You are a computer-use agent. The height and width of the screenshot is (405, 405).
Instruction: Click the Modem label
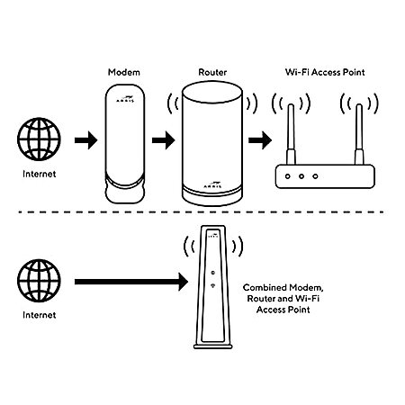[124, 72]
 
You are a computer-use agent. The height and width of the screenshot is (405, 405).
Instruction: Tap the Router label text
[212, 72]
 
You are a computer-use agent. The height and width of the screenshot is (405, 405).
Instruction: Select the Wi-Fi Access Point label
[325, 72]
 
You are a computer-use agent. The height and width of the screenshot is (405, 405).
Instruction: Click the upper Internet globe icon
[39, 139]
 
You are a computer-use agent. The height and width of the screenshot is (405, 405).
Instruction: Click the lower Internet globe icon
[39, 281]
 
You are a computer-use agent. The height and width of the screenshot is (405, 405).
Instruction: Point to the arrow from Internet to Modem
[86, 140]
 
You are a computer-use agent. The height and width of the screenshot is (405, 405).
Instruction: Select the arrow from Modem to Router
[164, 140]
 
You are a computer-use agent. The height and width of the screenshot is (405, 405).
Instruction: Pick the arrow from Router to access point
[260, 140]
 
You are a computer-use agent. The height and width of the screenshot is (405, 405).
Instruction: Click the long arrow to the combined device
[131, 282]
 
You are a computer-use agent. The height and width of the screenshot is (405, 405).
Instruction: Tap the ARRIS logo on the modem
[125, 99]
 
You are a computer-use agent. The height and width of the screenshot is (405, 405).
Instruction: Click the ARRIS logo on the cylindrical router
[212, 184]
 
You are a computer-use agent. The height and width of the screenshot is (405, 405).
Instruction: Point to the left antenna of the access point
[291, 134]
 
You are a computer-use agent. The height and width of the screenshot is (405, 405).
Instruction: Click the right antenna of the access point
[359, 134]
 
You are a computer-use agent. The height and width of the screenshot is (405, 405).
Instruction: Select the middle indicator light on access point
[301, 176]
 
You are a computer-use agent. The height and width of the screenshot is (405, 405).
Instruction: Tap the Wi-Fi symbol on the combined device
[212, 285]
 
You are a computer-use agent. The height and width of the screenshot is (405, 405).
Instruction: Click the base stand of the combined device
[213, 346]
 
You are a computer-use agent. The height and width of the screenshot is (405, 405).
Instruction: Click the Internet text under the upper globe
[40, 174]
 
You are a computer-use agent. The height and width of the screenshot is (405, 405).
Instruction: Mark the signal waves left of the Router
[173, 103]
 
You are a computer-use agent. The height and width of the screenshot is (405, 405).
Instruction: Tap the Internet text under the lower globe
[40, 315]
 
